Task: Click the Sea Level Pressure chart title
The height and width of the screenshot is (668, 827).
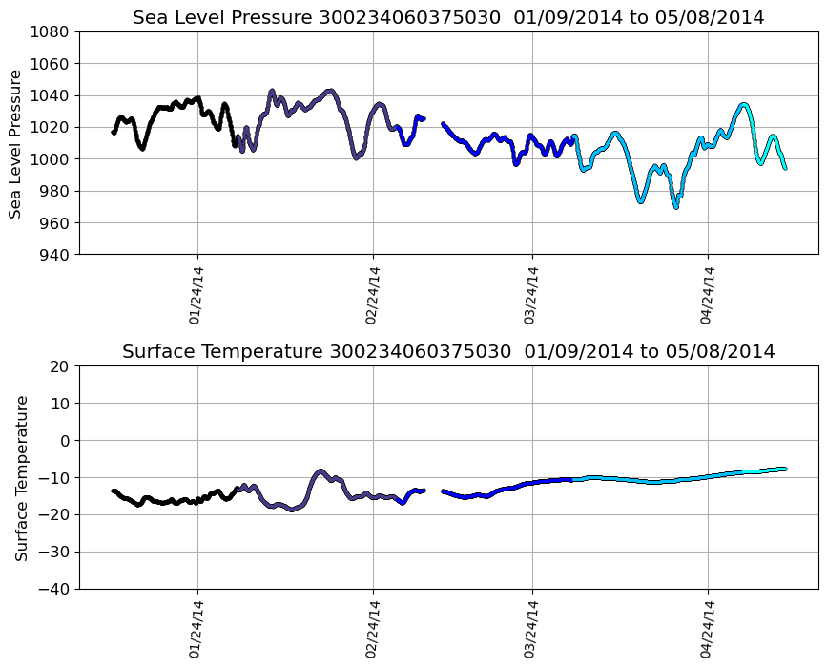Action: click(448, 18)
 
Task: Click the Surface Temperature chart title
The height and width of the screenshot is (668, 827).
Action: click(448, 352)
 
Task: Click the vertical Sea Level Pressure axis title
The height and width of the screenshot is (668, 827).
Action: click(16, 143)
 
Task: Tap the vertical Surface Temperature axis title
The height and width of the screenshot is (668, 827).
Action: click(20, 477)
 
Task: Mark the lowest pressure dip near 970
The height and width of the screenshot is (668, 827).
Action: click(676, 206)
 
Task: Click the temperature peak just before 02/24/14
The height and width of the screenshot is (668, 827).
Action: click(320, 471)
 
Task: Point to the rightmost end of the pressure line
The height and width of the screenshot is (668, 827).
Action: click(785, 167)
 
